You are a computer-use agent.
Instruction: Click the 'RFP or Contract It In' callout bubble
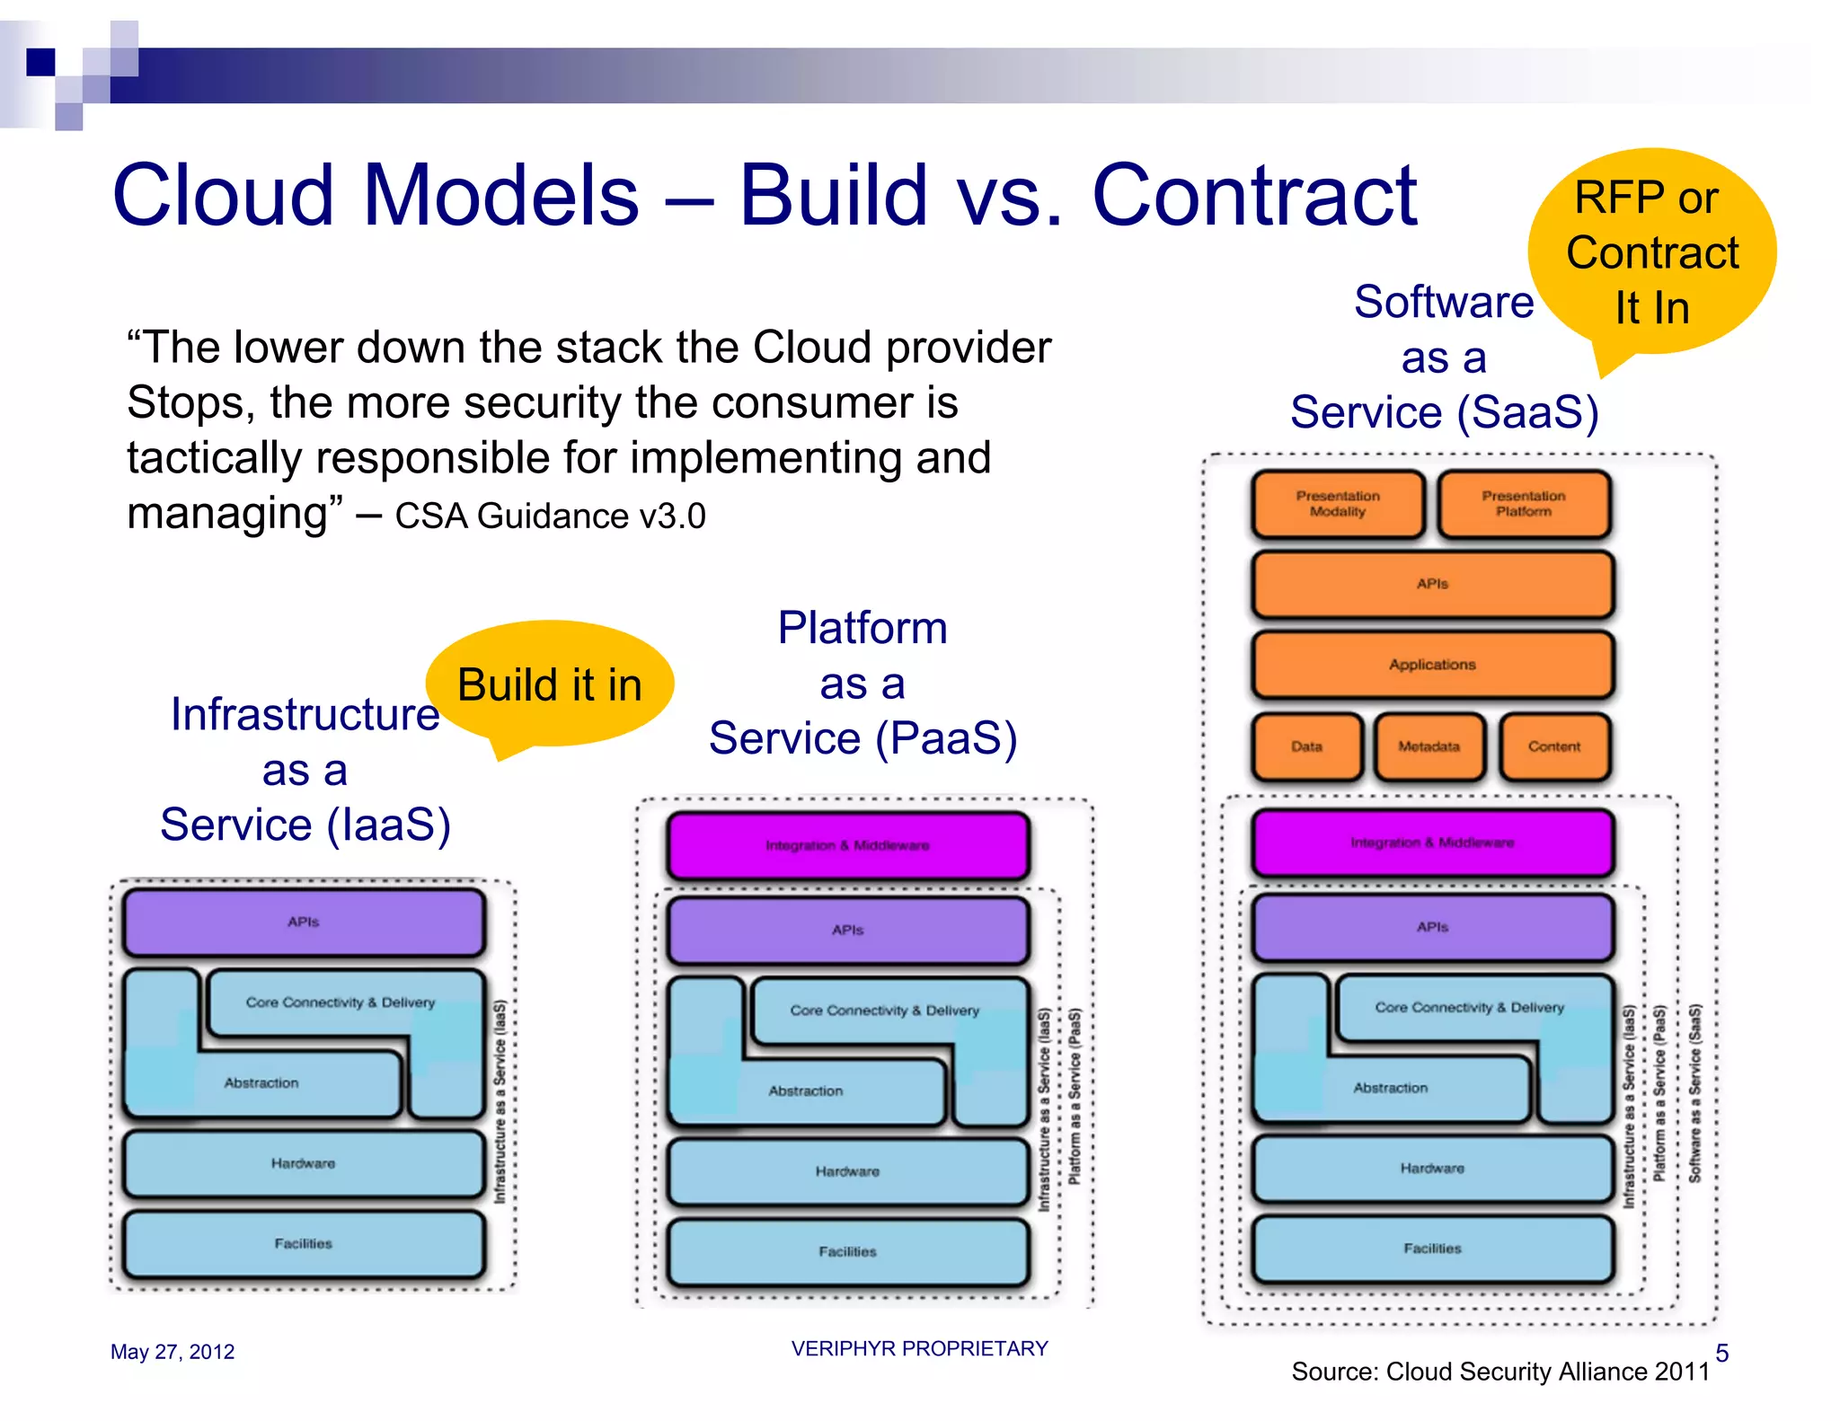pyautogui.click(x=1651, y=252)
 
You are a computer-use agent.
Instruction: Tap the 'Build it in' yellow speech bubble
pyautogui.click(x=550, y=684)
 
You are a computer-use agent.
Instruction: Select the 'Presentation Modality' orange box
pyautogui.click(x=1338, y=504)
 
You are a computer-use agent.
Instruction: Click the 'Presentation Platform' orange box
pyautogui.click(x=1524, y=504)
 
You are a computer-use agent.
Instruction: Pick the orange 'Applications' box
pyautogui.click(x=1432, y=665)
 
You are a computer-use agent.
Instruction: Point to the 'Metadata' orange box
pyautogui.click(x=1429, y=746)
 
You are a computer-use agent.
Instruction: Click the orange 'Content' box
pyautogui.click(x=1554, y=746)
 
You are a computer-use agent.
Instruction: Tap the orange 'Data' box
pyautogui.click(x=1306, y=746)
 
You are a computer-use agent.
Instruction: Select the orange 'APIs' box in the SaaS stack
pyautogui.click(x=1432, y=584)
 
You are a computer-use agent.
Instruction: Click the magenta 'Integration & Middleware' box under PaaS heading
pyautogui.click(x=847, y=845)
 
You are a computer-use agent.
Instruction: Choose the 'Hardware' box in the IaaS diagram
pyautogui.click(x=304, y=1163)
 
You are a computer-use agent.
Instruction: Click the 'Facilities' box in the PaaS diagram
pyautogui.click(x=847, y=1251)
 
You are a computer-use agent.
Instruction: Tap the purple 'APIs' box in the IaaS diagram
pyautogui.click(x=304, y=922)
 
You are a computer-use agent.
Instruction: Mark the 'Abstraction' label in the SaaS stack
pyautogui.click(x=1390, y=1088)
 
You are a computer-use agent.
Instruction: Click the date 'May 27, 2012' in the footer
pyautogui.click(x=172, y=1352)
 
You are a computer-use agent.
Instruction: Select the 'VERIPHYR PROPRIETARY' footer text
pyautogui.click(x=919, y=1348)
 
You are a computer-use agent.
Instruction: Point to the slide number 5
pyautogui.click(x=1721, y=1353)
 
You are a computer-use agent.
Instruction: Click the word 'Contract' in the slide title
pyautogui.click(x=1253, y=196)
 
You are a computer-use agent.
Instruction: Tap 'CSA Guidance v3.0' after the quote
pyautogui.click(x=550, y=516)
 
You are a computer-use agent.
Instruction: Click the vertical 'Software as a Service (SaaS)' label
pyautogui.click(x=1694, y=1092)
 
